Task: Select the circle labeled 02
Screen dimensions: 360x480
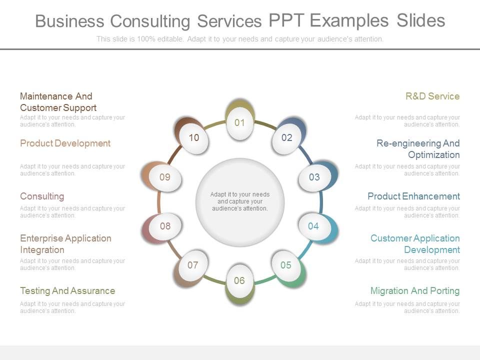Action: click(x=286, y=138)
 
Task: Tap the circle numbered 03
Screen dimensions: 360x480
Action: click(x=314, y=177)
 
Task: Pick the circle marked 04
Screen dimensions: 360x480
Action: click(x=313, y=226)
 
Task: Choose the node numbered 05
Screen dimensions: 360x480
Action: click(x=286, y=265)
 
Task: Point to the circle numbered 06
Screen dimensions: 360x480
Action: click(x=239, y=280)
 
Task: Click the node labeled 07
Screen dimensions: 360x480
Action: click(x=193, y=265)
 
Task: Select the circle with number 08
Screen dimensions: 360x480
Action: click(x=165, y=226)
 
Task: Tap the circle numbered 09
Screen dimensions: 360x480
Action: click(x=165, y=177)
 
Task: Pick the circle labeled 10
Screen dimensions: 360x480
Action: click(x=194, y=138)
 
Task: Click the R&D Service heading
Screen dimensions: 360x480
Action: click(x=432, y=96)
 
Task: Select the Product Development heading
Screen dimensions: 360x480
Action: click(x=65, y=143)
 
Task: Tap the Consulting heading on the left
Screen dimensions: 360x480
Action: click(x=42, y=196)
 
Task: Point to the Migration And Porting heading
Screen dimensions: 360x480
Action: click(x=414, y=290)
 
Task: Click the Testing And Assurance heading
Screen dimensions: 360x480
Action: click(x=67, y=290)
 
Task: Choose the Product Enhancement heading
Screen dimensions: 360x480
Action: click(x=413, y=196)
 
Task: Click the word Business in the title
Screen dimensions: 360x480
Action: click(x=69, y=21)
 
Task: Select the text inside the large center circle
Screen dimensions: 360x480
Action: click(x=240, y=201)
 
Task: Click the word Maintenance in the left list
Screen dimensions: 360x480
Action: click(x=45, y=96)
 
